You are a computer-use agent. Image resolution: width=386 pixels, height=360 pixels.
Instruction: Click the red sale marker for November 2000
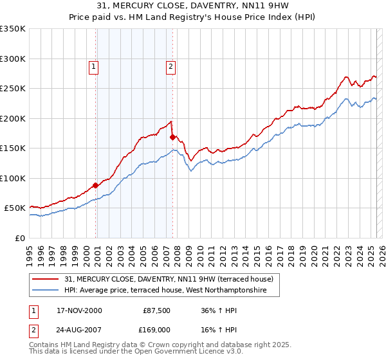96,185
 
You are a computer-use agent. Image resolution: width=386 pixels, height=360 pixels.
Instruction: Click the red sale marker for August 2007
172,136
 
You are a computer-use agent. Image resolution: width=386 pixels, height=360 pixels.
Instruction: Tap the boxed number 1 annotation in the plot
94,66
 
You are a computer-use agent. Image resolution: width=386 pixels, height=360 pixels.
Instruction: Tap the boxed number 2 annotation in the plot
171,66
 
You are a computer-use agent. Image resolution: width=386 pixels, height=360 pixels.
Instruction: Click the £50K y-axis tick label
15,208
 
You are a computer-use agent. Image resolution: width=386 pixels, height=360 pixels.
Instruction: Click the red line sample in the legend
45,279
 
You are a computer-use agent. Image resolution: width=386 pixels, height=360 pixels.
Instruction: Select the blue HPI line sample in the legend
45,291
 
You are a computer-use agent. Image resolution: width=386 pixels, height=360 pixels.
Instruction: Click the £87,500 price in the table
156,310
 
